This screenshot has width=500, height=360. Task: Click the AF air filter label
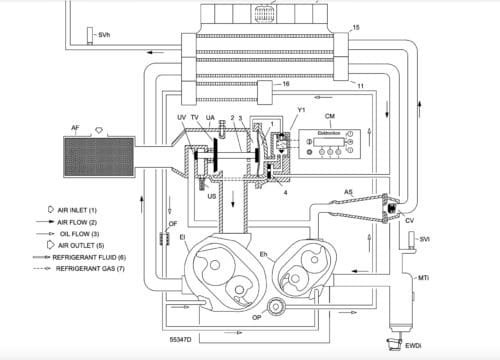coord(75,128)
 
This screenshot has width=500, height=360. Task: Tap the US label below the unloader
coord(211,197)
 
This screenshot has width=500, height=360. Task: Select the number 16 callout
coord(288,85)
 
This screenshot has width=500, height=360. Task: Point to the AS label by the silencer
coord(348,188)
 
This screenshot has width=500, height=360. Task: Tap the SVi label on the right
coord(424,241)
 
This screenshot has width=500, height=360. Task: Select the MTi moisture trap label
coord(423,277)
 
